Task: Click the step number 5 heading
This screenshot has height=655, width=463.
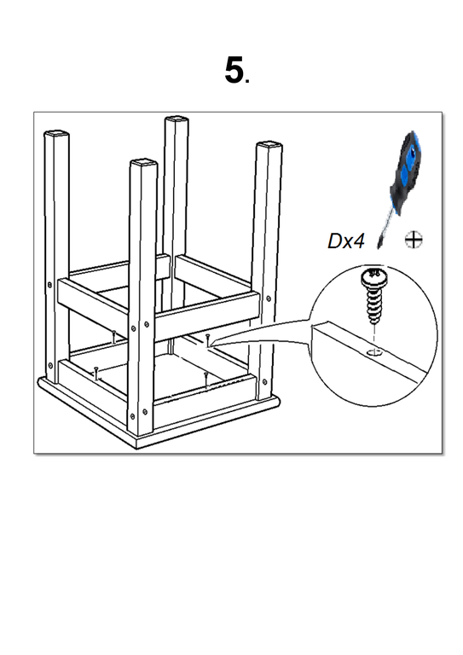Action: point(234,70)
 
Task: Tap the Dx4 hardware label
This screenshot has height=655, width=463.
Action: point(345,241)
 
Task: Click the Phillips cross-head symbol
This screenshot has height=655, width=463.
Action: point(414,240)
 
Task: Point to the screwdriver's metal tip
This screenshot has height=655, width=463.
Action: point(379,244)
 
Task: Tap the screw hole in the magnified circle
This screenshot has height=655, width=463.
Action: point(374,353)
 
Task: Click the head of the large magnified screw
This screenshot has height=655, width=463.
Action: point(374,276)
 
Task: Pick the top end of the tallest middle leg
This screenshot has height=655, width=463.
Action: point(177,120)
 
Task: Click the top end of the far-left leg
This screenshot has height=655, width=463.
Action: point(56,135)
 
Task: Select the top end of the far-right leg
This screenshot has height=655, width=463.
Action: point(269,146)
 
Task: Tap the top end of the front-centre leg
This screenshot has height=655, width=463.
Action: point(143,162)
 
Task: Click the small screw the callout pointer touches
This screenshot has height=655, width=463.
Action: point(207,339)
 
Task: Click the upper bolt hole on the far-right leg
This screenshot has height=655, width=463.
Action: point(268,299)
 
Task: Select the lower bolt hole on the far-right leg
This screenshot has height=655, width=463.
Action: point(264,381)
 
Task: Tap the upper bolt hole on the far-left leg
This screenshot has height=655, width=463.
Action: point(49,285)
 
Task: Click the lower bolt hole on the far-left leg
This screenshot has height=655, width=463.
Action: point(50,366)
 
